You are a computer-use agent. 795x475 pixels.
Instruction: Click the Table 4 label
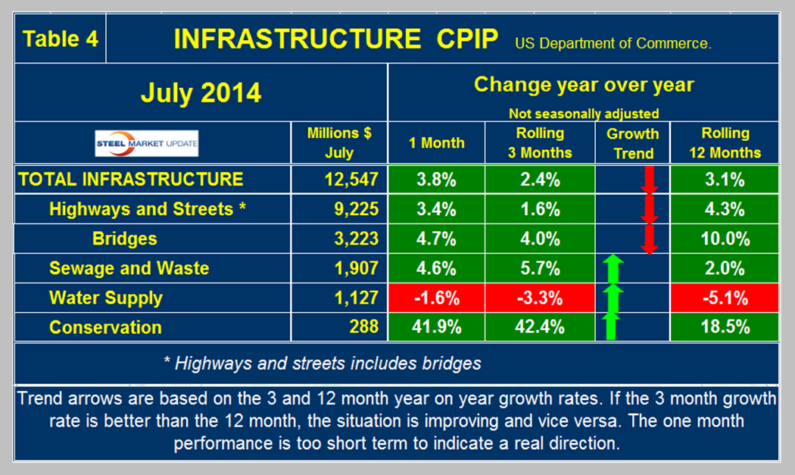(61, 39)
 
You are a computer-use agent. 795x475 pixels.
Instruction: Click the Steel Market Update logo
(146, 143)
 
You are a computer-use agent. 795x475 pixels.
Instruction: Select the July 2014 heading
(200, 93)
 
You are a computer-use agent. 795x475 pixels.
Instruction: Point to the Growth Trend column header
(632, 142)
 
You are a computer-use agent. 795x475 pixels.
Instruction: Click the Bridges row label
(125, 239)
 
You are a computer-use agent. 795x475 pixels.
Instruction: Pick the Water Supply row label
(105, 298)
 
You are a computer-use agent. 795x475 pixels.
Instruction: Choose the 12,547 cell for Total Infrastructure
(340, 180)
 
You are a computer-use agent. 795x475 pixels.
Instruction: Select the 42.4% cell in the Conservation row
(541, 327)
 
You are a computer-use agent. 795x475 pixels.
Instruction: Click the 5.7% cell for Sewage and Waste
(541, 268)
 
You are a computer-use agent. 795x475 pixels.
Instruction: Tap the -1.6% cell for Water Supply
(437, 298)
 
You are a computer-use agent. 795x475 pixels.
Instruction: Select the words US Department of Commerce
(613, 43)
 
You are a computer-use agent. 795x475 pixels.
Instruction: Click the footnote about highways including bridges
(322, 363)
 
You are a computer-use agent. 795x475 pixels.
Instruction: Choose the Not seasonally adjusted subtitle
(583, 114)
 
